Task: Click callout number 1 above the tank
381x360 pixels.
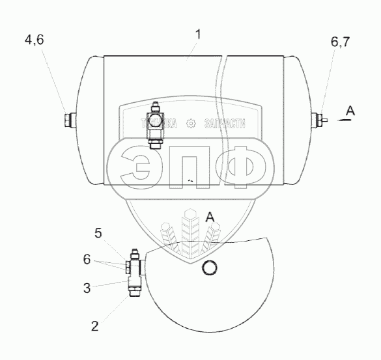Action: tap(199, 35)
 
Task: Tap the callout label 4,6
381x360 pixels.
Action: tap(35, 40)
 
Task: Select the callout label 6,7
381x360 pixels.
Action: tap(340, 42)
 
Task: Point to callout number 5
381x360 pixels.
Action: tap(98, 233)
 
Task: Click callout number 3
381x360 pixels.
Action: tap(87, 288)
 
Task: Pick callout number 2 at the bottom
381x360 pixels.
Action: tap(95, 326)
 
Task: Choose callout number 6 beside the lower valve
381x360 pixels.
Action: tap(87, 260)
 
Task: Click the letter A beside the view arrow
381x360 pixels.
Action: tap(350, 111)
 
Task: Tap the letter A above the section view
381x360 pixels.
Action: tap(210, 217)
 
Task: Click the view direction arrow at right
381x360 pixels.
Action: tap(345, 120)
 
